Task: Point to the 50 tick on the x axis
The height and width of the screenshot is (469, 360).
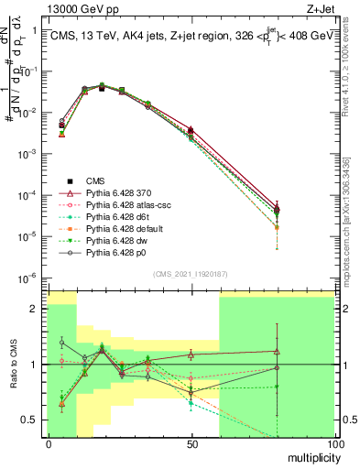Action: [191, 442]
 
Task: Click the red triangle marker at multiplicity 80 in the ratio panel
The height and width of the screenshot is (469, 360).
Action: [277, 352]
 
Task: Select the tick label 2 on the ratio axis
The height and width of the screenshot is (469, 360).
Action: [38, 309]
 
